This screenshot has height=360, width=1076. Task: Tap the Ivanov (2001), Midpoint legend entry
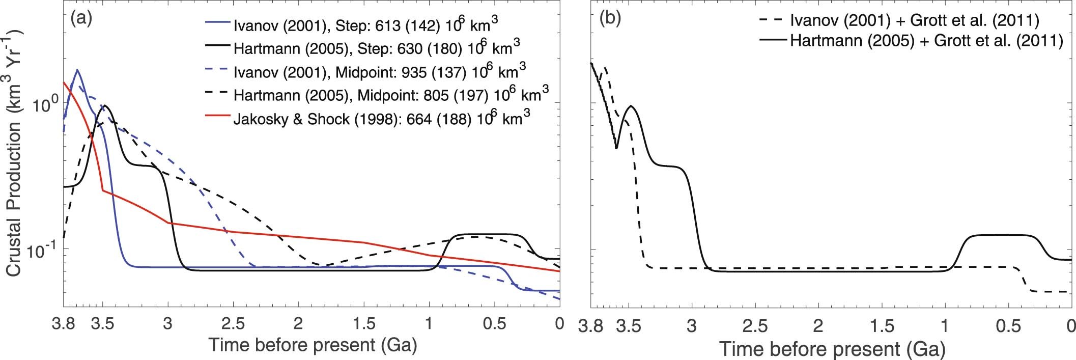pyautogui.click(x=379, y=72)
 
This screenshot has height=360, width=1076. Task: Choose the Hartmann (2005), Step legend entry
pyautogui.click(x=377, y=49)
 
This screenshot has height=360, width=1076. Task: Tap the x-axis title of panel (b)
pyautogui.click(x=832, y=349)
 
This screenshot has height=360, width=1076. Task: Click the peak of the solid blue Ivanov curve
pyautogui.click(x=77, y=70)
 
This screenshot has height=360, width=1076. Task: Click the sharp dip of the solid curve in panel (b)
pyautogui.click(x=616, y=148)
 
